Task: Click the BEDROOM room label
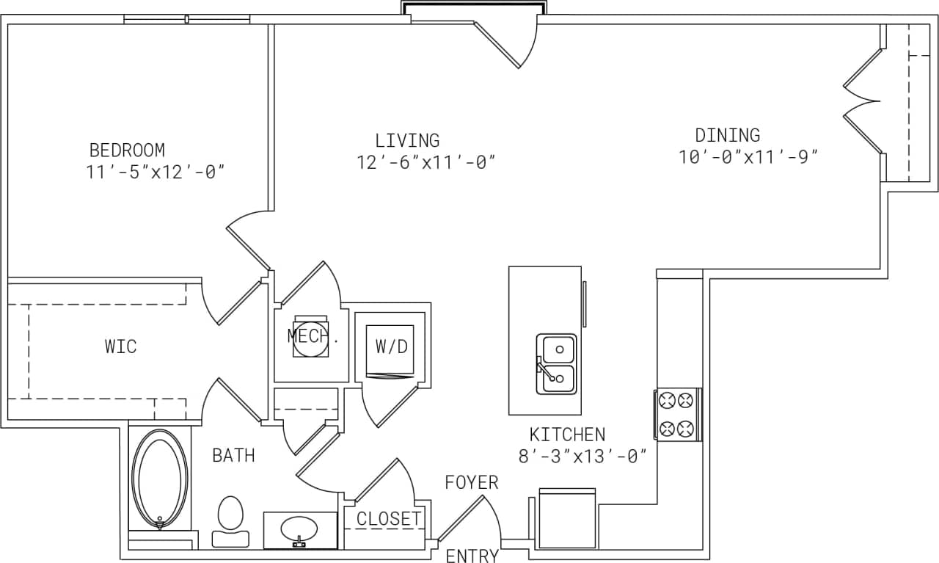(x=127, y=150)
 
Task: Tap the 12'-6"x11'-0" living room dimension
(x=426, y=163)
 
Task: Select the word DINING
(x=727, y=135)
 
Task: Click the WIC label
(x=121, y=346)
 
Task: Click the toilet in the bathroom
(x=230, y=520)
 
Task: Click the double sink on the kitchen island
(x=557, y=363)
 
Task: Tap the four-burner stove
(x=676, y=414)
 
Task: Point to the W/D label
(x=391, y=346)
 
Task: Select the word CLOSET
(x=388, y=519)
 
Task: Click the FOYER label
(x=472, y=482)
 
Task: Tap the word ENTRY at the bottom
(x=472, y=556)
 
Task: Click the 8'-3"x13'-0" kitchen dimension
(x=582, y=457)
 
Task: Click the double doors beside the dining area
(x=863, y=102)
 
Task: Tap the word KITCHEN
(x=567, y=435)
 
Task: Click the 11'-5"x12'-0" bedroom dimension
(x=155, y=172)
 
